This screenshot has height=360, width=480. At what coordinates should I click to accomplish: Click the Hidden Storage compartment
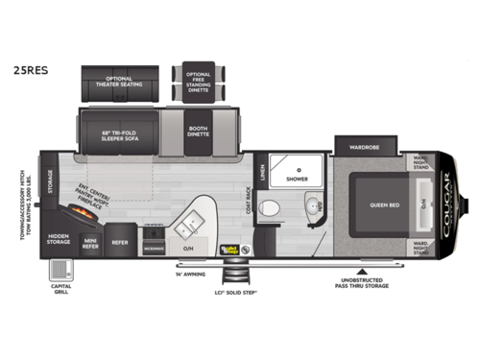58,240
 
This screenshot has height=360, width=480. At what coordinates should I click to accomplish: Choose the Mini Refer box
91,241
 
